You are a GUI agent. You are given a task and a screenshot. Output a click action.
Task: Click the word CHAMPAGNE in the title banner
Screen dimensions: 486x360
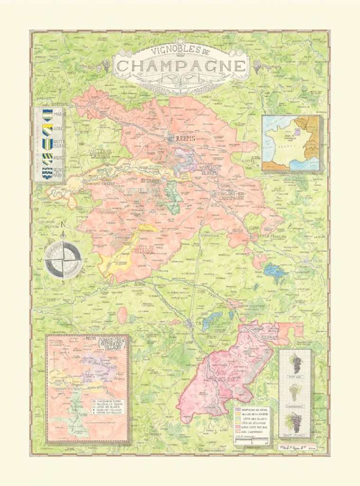tap(182, 66)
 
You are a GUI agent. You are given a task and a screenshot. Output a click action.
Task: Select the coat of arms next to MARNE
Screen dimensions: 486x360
tap(47, 114)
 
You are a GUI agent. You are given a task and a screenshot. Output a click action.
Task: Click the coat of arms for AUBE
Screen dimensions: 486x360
tap(47, 129)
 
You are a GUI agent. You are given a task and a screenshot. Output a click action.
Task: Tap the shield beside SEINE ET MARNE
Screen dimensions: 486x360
tap(47, 173)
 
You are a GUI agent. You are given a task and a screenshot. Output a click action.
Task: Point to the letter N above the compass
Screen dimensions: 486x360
tap(63, 224)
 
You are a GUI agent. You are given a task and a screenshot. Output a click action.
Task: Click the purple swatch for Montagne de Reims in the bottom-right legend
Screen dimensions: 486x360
tap(238, 409)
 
